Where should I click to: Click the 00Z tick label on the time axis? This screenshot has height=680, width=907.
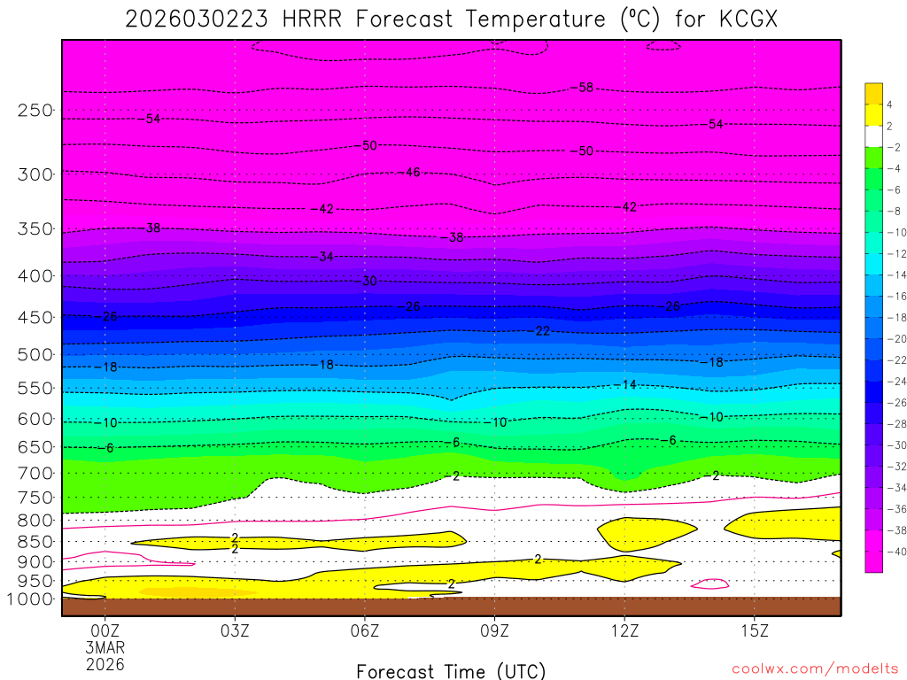105,631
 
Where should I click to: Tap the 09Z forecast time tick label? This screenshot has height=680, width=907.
494,631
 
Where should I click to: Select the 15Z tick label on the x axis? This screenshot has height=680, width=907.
754,631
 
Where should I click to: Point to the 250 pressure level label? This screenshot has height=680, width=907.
35,111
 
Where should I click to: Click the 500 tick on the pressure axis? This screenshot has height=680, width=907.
35,354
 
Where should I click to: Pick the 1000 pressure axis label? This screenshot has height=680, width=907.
31,599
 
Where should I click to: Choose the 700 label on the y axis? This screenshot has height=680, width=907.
35,472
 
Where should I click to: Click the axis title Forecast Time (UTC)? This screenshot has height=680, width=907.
451,670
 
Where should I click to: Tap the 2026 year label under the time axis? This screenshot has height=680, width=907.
105,664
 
